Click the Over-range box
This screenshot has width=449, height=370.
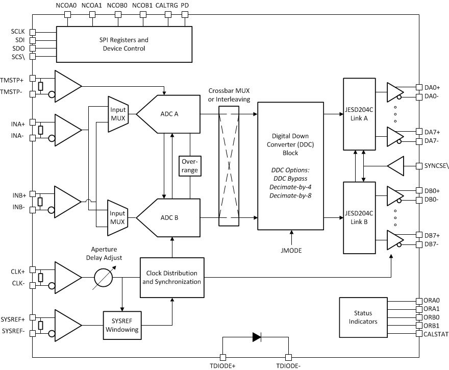pos(189,165)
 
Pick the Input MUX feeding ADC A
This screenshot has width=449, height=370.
pos(118,114)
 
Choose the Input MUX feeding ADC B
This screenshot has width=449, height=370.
pos(118,217)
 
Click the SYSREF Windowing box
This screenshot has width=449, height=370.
pos(121,325)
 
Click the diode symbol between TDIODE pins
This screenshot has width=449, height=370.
pos(256,337)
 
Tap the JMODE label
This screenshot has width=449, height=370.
pos(292,250)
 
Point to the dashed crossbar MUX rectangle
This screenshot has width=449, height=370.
pos(228,165)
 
